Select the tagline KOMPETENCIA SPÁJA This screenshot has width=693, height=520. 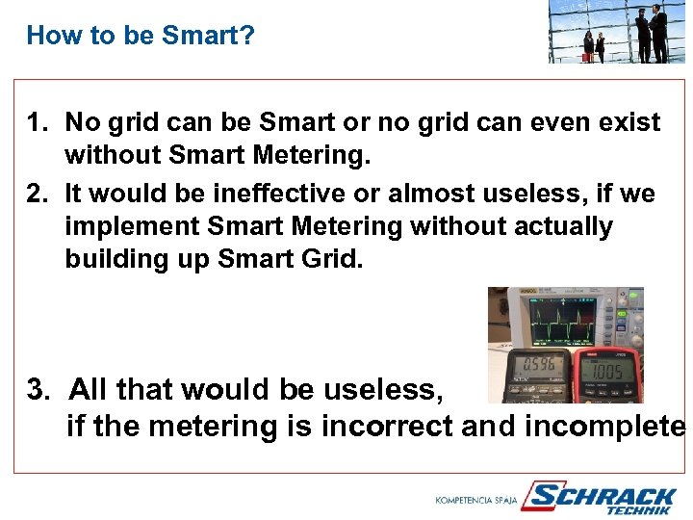(476, 501)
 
